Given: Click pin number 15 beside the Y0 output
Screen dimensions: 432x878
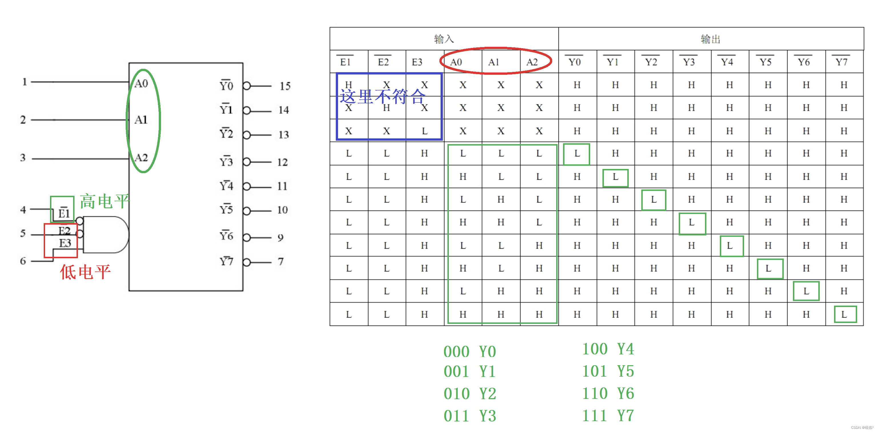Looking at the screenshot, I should [x=285, y=86].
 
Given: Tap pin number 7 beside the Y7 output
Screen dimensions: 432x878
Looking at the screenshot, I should [x=280, y=262].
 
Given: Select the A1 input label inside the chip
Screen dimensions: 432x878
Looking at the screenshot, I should [x=141, y=120].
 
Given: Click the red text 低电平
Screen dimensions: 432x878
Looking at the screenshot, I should [x=85, y=272].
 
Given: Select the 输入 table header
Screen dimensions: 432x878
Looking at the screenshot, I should [x=444, y=39].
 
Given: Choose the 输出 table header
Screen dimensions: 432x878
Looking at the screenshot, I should [x=710, y=39].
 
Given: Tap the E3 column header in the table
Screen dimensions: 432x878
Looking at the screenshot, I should [x=417, y=62].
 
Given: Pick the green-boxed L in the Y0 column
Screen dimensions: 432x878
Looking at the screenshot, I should [x=577, y=154].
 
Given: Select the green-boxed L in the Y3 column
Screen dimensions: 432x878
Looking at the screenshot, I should [x=692, y=223].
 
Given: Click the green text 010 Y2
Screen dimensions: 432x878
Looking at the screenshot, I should [x=470, y=394].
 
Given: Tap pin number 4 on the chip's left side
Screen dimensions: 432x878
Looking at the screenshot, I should [x=23, y=209].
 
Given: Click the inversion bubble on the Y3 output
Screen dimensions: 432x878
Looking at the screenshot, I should [x=247, y=162].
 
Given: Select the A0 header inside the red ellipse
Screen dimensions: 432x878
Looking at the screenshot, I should [x=456, y=62].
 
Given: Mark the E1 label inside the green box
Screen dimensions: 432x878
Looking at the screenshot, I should [x=64, y=213].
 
